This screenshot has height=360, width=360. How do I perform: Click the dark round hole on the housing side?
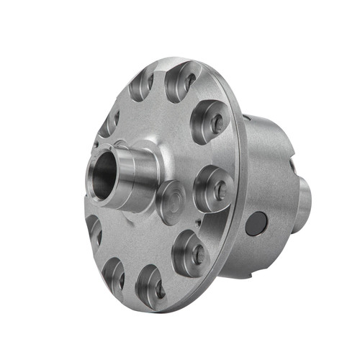pyautogui.click(x=256, y=225)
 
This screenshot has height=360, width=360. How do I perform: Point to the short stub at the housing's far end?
pyautogui.click(x=305, y=205)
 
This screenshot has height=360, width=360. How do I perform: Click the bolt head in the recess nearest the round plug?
pyautogui.click(x=215, y=190)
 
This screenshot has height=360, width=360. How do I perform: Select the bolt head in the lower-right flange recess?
pyautogui.click(x=194, y=253)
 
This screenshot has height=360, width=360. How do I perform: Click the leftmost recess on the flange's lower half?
pyautogui.click(x=94, y=230)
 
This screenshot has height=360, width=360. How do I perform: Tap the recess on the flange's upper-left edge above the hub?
pyautogui.click(x=109, y=122)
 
